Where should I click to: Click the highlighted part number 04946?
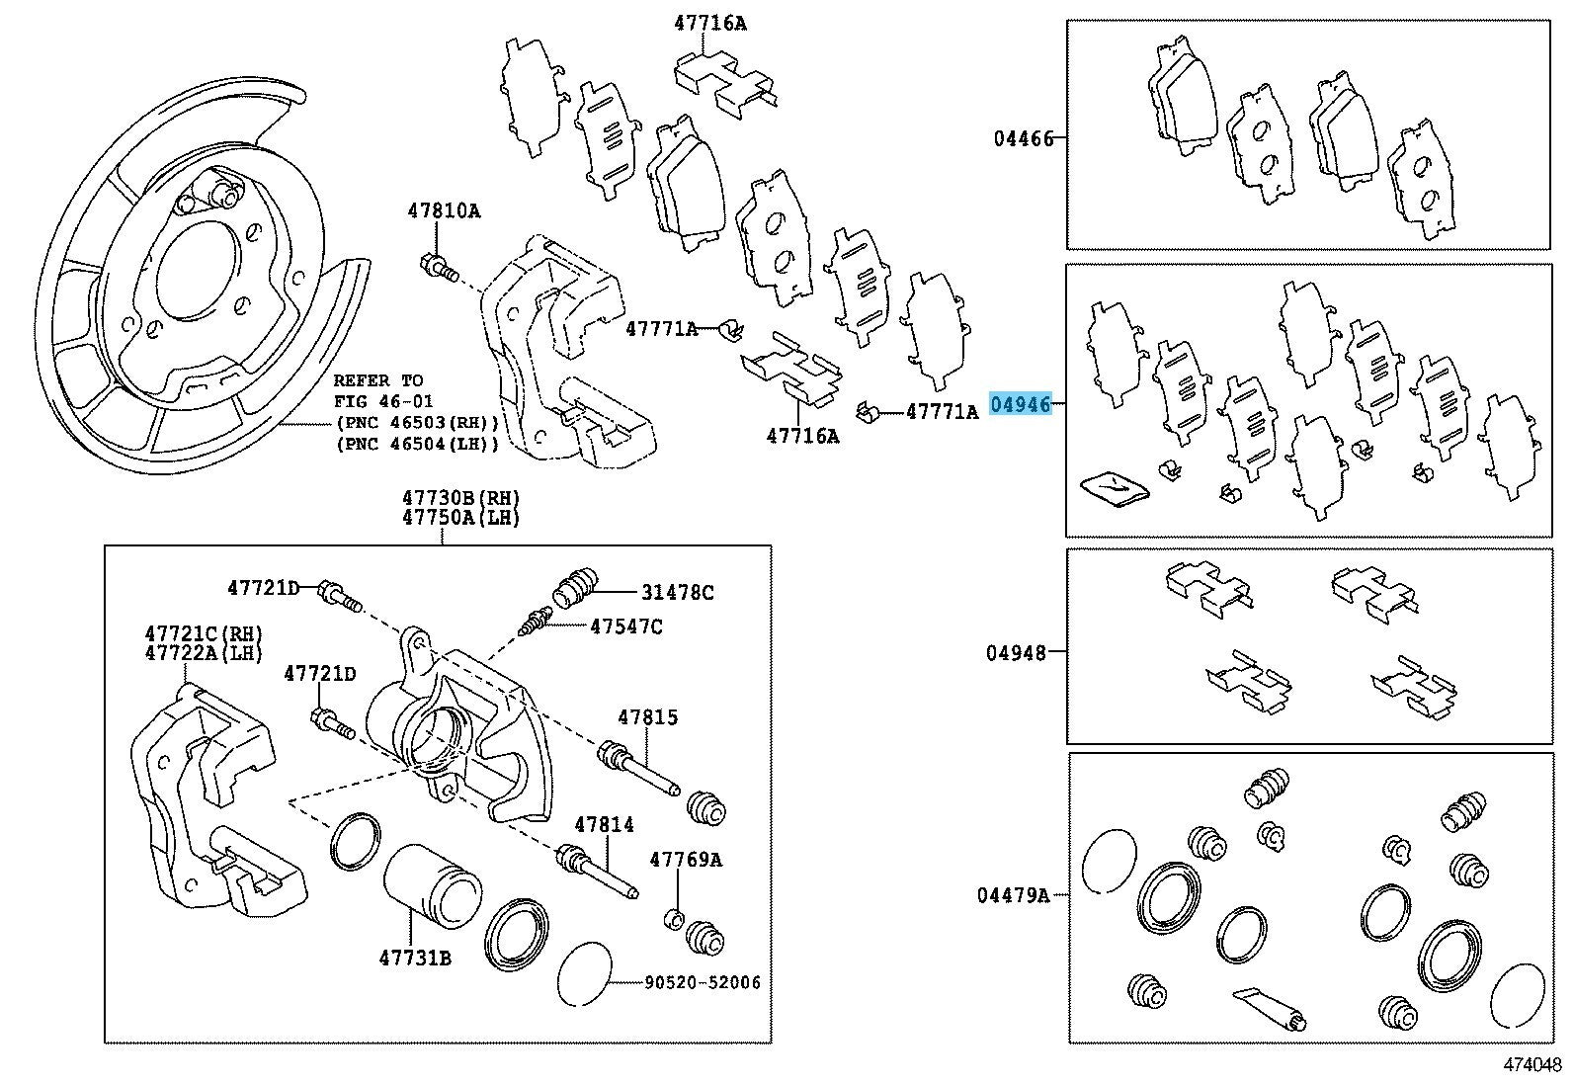click(x=1020, y=404)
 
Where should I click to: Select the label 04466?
click(x=1024, y=139)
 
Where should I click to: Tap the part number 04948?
click(x=1016, y=652)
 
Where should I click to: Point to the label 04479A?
click(x=1013, y=895)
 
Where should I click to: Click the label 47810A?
click(x=444, y=210)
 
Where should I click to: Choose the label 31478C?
click(x=677, y=593)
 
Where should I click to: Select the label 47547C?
click(x=626, y=626)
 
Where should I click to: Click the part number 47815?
click(x=648, y=716)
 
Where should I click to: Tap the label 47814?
click(x=604, y=824)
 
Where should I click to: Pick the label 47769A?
click(x=685, y=860)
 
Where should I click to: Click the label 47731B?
click(x=415, y=957)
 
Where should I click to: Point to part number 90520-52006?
click(x=703, y=983)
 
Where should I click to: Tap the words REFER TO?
click(x=378, y=380)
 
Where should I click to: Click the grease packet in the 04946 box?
click(x=1114, y=487)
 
